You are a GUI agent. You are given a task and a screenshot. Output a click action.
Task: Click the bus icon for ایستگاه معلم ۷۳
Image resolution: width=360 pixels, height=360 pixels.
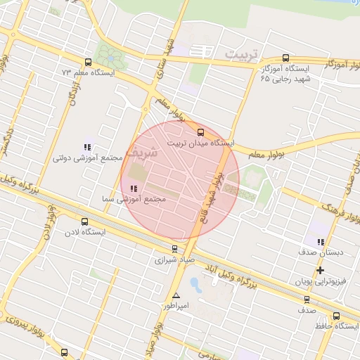88,62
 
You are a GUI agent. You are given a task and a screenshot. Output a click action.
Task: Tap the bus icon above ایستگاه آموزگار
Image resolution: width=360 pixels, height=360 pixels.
285,58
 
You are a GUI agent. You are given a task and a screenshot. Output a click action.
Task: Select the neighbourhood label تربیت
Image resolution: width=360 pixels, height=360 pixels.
242,54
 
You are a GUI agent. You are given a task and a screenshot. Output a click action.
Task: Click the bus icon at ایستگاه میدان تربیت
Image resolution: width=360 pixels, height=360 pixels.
200,131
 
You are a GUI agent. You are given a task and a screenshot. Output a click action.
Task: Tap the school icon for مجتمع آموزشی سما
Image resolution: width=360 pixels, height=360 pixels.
134,188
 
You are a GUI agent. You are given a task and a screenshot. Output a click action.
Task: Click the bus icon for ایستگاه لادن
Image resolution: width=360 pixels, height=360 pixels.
85,221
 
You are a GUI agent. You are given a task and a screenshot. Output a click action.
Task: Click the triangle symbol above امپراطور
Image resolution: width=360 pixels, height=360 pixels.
176,295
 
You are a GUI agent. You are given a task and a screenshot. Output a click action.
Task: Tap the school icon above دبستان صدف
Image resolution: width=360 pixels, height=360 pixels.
321,241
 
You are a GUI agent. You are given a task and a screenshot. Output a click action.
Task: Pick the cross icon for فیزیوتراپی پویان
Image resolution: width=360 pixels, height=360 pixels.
321,270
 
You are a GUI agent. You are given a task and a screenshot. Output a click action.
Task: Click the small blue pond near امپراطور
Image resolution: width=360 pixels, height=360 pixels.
195,285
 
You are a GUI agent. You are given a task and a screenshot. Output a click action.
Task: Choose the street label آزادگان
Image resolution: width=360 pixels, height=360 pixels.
73,91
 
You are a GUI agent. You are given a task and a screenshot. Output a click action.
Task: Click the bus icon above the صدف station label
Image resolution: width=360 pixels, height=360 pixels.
305,299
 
